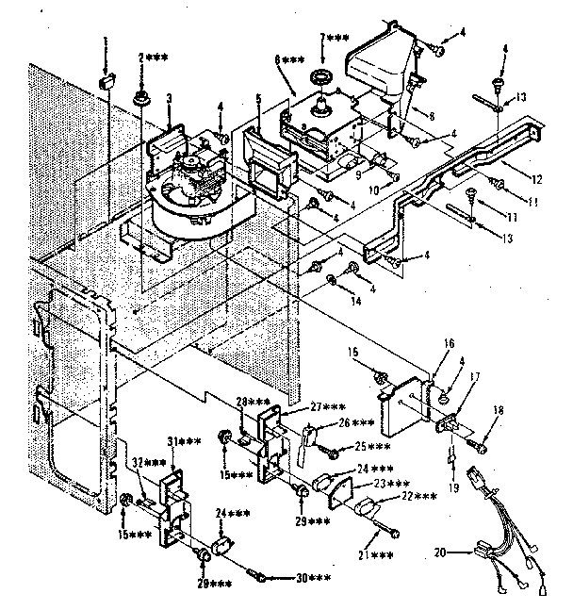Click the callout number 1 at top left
[106, 41]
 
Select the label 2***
[154, 58]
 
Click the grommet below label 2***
[142, 98]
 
